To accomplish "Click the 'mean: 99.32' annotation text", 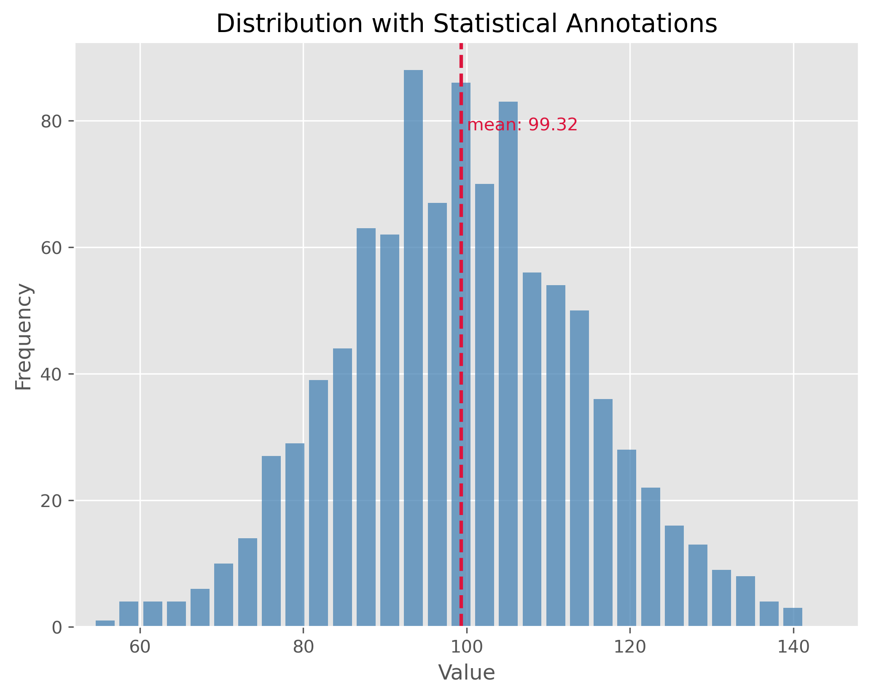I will (522, 125).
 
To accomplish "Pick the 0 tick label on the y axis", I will (57, 628).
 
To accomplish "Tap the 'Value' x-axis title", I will (466, 673).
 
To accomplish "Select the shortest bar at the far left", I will (105, 623).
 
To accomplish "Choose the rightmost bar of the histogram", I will (793, 617).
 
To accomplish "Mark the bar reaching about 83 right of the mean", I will (508, 363).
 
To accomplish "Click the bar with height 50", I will (579, 468).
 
